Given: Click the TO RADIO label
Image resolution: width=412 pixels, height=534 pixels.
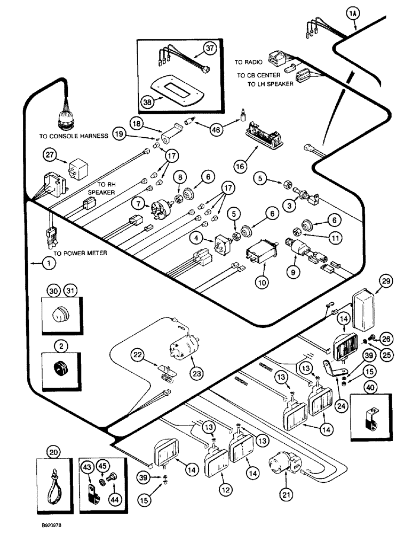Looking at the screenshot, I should coord(250,62).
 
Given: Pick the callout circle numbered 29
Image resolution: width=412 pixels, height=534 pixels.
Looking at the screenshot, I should coord(386,280).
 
